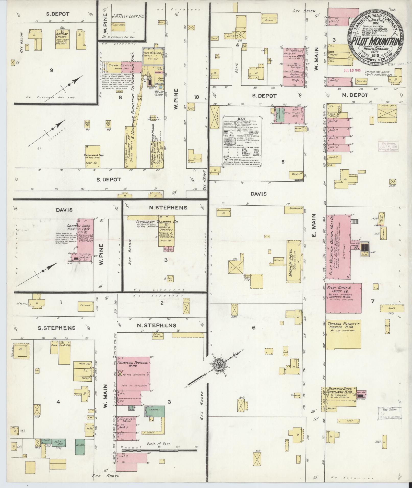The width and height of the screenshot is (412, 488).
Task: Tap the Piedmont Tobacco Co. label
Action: [157, 222]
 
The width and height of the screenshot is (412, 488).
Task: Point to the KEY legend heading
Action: [241, 119]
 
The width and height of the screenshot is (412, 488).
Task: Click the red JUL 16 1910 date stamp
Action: [352, 70]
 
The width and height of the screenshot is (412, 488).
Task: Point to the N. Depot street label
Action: [355, 95]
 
